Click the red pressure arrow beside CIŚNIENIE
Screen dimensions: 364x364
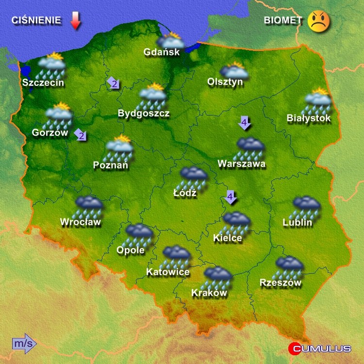pyautogui.click(x=75, y=21)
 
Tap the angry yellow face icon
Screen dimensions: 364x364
pyautogui.click(x=319, y=21)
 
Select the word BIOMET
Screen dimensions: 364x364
pyautogui.click(x=283, y=20)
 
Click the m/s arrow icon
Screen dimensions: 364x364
pyautogui.click(x=24, y=344)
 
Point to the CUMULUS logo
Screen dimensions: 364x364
pyautogui.click(x=320, y=348)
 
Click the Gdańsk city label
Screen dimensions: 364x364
pyautogui.click(x=162, y=52)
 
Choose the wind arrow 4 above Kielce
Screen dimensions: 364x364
pyautogui.click(x=231, y=197)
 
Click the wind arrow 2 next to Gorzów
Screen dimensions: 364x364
pyautogui.click(x=81, y=135)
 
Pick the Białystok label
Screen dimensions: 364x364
pyautogui.click(x=309, y=118)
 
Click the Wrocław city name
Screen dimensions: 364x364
pyautogui.click(x=80, y=223)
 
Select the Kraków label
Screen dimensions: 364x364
pyautogui.click(x=209, y=293)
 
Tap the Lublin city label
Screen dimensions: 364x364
pyautogui.click(x=298, y=223)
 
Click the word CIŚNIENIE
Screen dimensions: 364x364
pyautogui.click(x=37, y=20)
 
